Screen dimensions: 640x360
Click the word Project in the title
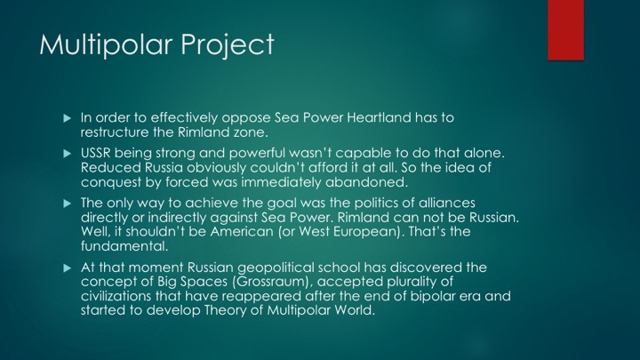click(x=227, y=45)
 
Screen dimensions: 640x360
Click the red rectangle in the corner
click(x=565, y=30)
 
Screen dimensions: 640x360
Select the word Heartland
click(x=379, y=117)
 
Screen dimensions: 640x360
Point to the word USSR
click(x=95, y=153)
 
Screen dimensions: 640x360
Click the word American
click(x=242, y=232)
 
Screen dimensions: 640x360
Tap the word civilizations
click(x=116, y=296)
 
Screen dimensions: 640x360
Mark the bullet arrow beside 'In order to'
click(x=68, y=118)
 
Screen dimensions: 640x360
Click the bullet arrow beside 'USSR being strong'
click(x=68, y=154)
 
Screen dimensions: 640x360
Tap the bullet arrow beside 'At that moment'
click(x=68, y=268)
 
